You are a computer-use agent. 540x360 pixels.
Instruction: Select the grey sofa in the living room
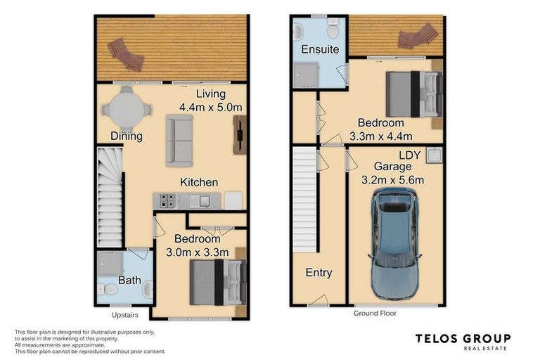[179, 139]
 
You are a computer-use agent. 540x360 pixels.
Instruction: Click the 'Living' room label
[210, 94]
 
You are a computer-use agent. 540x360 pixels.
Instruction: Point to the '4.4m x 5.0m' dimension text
[210, 108]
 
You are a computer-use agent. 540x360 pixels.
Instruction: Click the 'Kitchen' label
[199, 182]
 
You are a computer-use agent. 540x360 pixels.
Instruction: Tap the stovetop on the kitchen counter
[167, 201]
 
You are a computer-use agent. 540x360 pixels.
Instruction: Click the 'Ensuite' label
[320, 50]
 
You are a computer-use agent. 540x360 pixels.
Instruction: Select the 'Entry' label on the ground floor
[319, 273]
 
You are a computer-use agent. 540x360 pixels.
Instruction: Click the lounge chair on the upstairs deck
[126, 55]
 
